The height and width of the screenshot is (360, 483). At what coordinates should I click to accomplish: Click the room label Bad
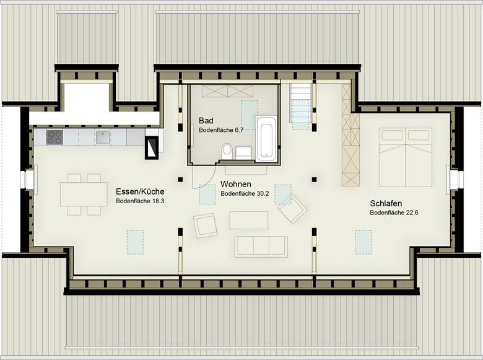(206, 120)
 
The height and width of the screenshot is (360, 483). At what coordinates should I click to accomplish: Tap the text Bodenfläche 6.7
(221, 130)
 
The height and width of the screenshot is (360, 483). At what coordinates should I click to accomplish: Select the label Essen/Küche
(140, 191)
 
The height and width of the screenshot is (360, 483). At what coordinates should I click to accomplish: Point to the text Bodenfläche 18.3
(140, 201)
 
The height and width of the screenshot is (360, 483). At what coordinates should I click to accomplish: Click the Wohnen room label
(236, 184)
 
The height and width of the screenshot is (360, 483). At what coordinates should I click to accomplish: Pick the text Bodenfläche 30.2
(245, 193)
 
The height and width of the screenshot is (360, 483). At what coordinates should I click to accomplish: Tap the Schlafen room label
(386, 203)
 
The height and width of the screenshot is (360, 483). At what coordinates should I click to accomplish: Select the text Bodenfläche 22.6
(394, 213)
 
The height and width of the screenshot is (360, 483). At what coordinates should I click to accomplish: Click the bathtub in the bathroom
(266, 138)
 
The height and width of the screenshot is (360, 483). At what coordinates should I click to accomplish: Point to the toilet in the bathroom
(227, 151)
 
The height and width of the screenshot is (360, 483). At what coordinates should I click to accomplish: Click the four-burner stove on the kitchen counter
(54, 138)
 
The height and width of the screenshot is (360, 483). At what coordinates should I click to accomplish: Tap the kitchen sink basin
(103, 138)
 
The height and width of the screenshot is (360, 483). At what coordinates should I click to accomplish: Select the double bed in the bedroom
(406, 157)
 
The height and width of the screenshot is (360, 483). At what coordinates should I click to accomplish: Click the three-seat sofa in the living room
(261, 247)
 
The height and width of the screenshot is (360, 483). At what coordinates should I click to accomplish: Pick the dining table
(84, 194)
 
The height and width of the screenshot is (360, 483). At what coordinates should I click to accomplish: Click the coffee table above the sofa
(249, 220)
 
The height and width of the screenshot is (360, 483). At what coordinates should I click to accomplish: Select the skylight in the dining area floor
(135, 242)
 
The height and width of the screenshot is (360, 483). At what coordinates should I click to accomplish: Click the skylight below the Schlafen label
(363, 242)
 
